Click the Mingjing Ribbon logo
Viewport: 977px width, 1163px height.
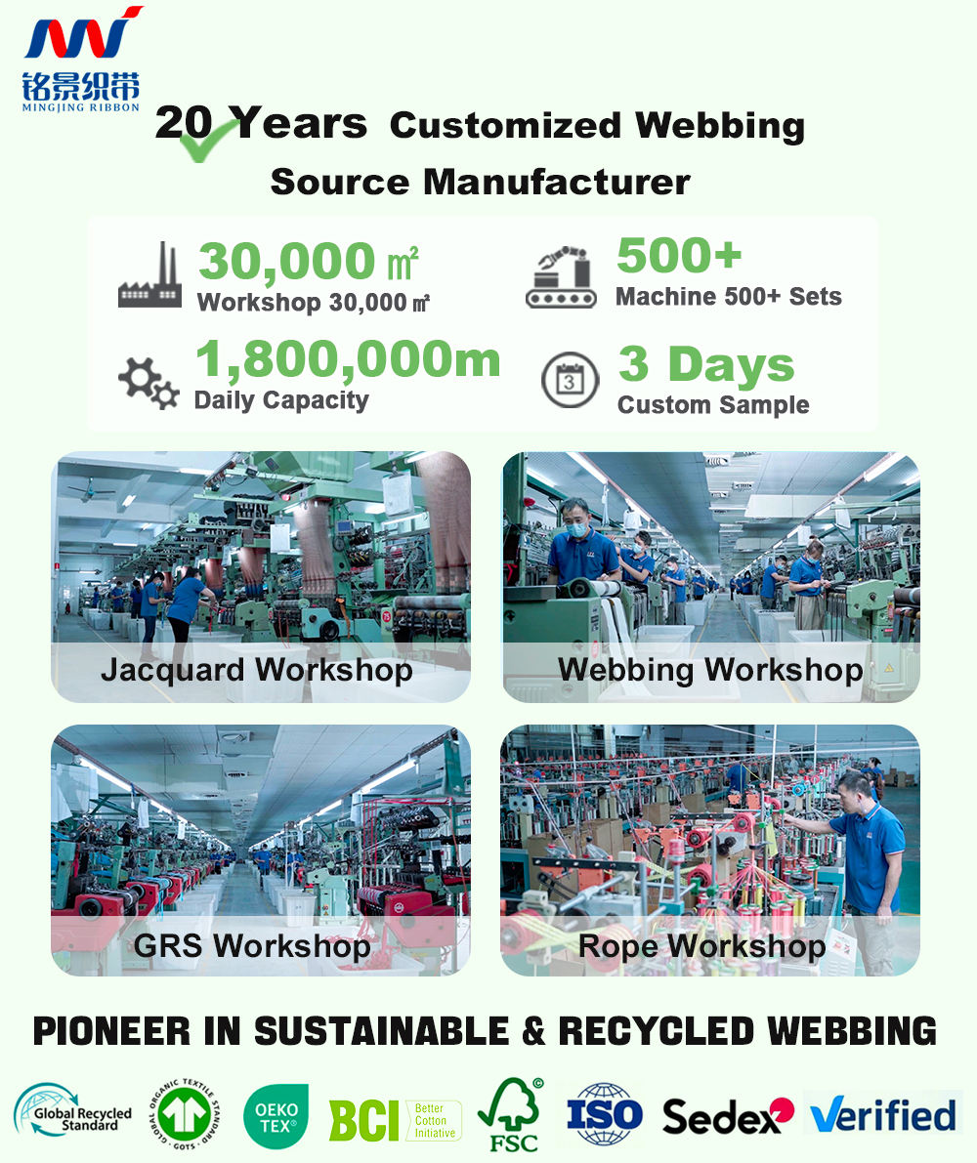[81, 59]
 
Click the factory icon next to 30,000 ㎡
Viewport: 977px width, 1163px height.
[149, 275]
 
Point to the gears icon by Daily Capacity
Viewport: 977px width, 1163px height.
[149, 383]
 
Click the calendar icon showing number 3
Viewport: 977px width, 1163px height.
[570, 380]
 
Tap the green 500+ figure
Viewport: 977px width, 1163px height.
[679, 255]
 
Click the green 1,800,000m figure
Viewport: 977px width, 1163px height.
[348, 359]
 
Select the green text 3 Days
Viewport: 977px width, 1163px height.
[706, 365]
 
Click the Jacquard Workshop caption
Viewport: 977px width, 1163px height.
[257, 670]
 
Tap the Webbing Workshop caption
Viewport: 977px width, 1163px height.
[710, 670]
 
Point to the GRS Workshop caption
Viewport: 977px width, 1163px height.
[252, 946]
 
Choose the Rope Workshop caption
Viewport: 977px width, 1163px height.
[701, 946]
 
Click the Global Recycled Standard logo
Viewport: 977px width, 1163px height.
[72, 1112]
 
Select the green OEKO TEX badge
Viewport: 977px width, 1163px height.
[276, 1116]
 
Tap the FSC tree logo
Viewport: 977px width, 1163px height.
[511, 1115]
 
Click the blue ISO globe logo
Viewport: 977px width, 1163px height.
[604, 1115]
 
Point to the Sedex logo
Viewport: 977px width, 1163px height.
[728, 1116]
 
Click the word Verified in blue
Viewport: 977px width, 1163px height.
[883, 1115]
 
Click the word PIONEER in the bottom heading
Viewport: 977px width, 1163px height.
[112, 1032]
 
